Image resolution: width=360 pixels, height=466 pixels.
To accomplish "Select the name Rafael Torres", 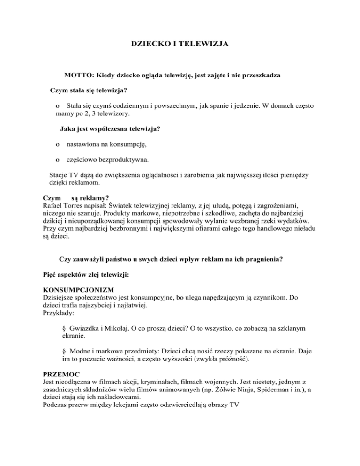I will tap(64, 204).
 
